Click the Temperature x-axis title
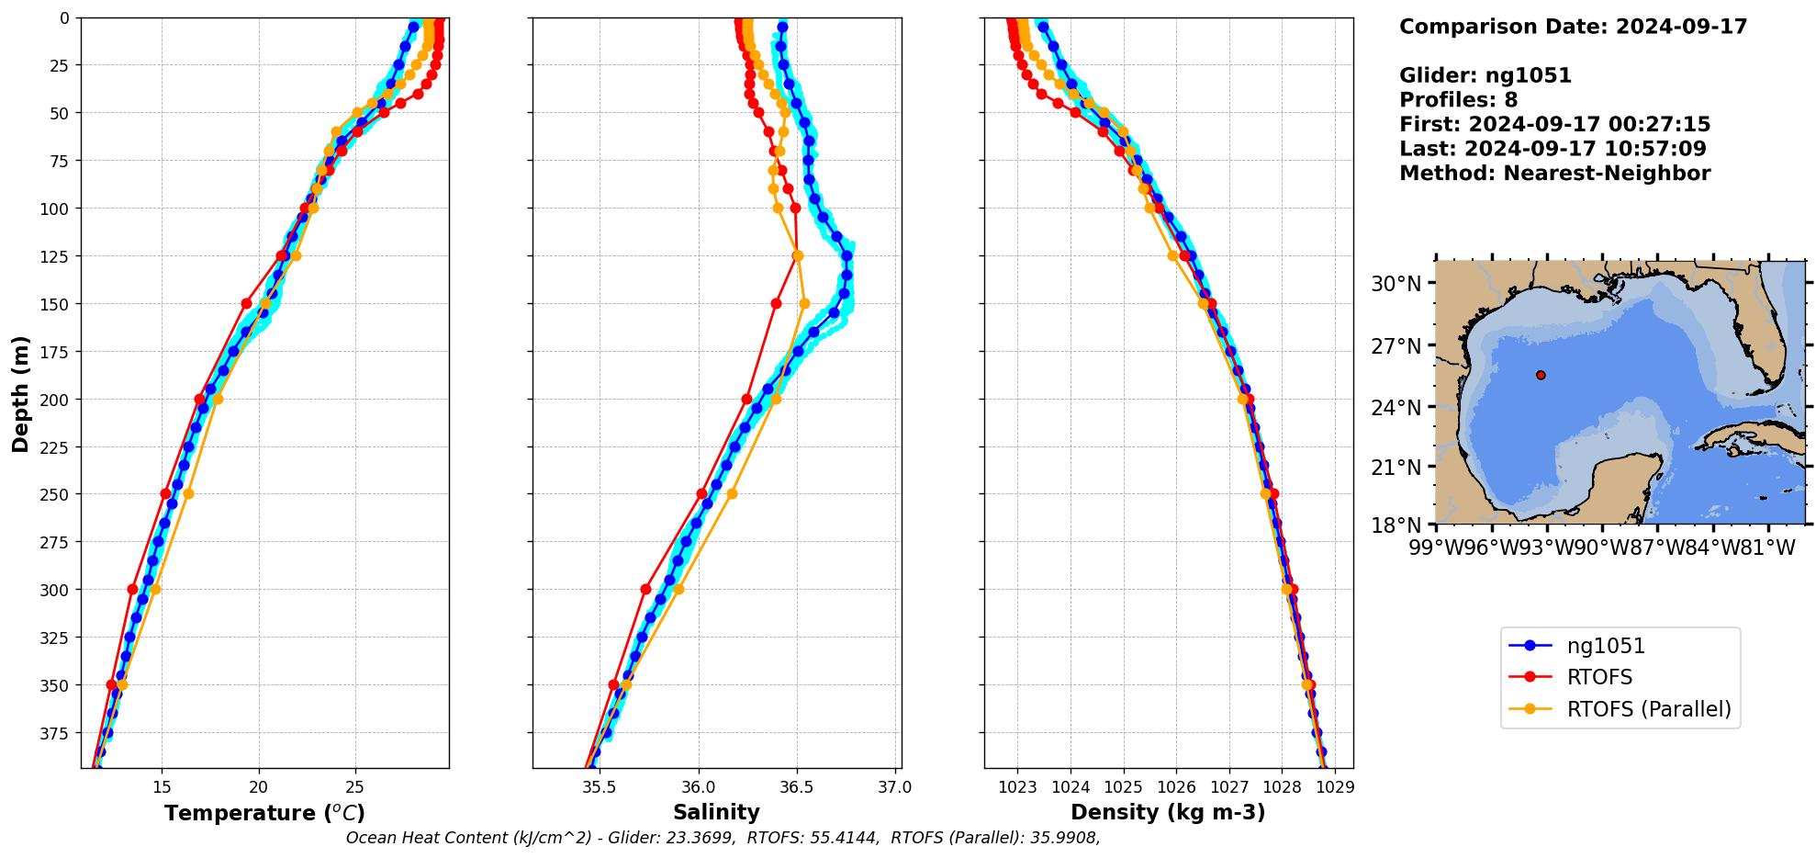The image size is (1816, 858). click(x=264, y=813)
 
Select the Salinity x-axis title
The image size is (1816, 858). click(x=716, y=812)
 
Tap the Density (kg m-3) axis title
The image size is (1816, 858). click(x=1168, y=812)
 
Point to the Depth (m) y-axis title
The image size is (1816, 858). click(x=20, y=393)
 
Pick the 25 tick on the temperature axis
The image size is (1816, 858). click(x=355, y=787)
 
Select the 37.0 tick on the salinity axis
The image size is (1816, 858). click(x=895, y=787)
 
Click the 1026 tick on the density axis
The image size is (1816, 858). click(x=1176, y=787)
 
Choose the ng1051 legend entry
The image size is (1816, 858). click(x=1606, y=646)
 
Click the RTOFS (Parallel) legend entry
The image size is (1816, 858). click(x=1649, y=709)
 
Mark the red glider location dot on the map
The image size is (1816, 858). click(x=1541, y=375)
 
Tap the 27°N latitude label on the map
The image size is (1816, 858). click(x=1396, y=346)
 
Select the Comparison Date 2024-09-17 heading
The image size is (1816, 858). click(x=1573, y=27)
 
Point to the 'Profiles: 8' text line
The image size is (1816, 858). click(x=1458, y=100)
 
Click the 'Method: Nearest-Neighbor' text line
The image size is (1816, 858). click(x=1554, y=174)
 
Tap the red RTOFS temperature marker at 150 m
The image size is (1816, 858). click(x=246, y=303)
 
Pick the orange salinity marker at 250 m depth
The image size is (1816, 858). click(x=732, y=493)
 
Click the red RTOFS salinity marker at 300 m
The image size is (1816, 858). click(x=645, y=589)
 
